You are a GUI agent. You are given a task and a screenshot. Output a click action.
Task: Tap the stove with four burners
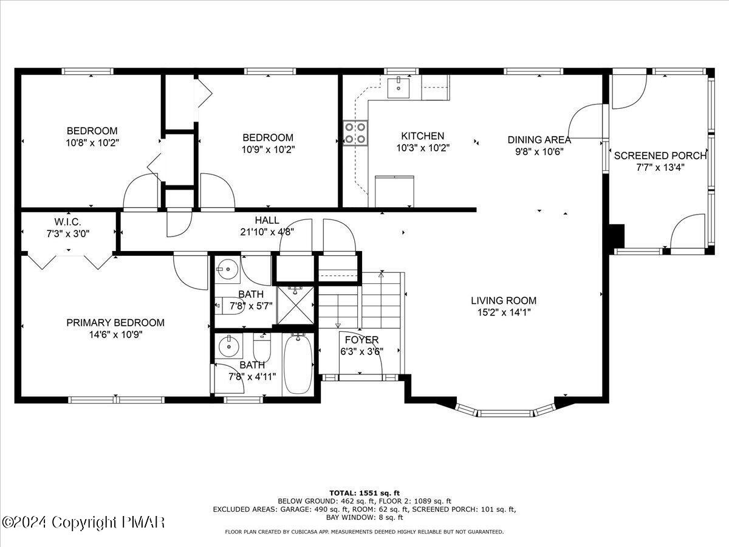tap(355, 133)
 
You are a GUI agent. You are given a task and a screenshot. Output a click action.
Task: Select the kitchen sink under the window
tap(399, 87)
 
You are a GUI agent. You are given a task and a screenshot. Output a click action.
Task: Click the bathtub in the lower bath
tap(298, 363)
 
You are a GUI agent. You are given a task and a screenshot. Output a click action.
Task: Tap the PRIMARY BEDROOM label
tap(115, 323)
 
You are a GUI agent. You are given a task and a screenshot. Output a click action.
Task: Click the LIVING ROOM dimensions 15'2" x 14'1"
tap(504, 312)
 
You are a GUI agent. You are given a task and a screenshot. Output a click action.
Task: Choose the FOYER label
tap(361, 340)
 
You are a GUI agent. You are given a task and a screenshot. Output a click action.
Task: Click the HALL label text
tap(267, 221)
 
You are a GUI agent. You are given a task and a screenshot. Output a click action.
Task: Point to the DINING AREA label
tap(539, 140)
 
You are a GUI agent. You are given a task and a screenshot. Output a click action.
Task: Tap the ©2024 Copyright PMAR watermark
tap(83, 522)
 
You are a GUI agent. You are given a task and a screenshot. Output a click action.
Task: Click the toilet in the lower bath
tap(262, 349)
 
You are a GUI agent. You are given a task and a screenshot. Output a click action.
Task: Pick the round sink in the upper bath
tap(228, 267)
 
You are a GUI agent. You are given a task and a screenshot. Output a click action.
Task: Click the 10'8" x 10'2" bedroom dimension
tap(92, 142)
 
